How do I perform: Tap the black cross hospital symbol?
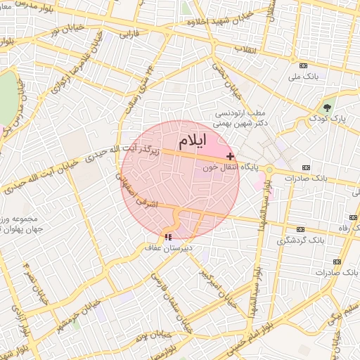[x=230, y=155]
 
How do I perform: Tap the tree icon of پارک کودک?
[x=327, y=108]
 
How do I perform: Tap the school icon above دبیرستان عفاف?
[x=167, y=237]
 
